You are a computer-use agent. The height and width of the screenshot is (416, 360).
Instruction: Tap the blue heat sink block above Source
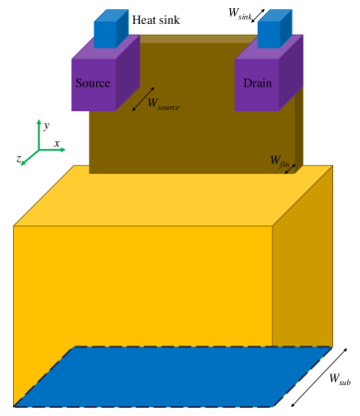[x=104, y=30]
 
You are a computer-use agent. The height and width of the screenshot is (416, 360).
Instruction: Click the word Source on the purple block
[x=92, y=82]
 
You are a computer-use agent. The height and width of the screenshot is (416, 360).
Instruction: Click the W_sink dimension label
[x=238, y=15]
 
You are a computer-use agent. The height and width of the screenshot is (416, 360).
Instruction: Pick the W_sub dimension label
[x=338, y=378]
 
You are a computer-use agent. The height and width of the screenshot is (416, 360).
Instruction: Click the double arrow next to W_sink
[x=256, y=15]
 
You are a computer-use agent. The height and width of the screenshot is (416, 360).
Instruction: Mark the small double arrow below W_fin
[x=291, y=168]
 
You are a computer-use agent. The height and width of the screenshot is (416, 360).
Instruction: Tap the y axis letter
[x=46, y=125]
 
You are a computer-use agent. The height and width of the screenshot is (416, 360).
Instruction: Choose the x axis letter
[x=58, y=144]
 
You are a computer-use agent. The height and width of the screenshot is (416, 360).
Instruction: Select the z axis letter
[x=20, y=157]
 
